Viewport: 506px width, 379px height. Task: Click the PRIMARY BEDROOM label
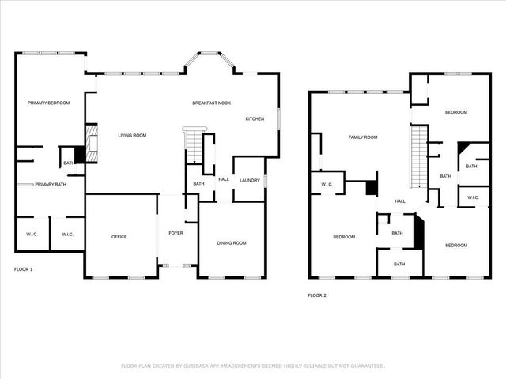pyautogui.click(x=49, y=103)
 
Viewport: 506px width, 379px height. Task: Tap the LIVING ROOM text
pyautogui.click(x=132, y=135)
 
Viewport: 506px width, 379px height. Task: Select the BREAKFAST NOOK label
pyautogui.click(x=212, y=103)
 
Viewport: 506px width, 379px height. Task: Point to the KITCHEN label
pyautogui.click(x=255, y=119)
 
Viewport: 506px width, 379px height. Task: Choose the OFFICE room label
pyautogui.click(x=119, y=237)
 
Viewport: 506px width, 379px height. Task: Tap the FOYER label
pyautogui.click(x=176, y=234)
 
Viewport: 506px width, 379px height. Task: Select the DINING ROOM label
pyautogui.click(x=232, y=242)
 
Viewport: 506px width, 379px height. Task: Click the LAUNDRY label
pyautogui.click(x=251, y=181)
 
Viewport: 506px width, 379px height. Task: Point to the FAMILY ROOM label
pyautogui.click(x=363, y=137)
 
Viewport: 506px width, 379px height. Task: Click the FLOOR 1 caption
pyautogui.click(x=24, y=269)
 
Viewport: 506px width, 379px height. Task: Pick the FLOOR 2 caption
pyautogui.click(x=316, y=295)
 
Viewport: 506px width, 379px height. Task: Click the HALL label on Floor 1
pyautogui.click(x=224, y=179)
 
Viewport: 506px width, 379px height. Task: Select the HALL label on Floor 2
pyautogui.click(x=400, y=201)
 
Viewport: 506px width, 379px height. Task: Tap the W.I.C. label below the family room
pyautogui.click(x=327, y=185)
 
